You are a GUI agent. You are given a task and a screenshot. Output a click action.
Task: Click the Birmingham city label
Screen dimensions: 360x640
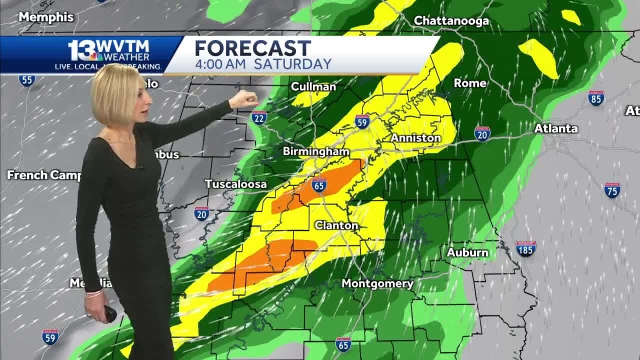click(x=315, y=151)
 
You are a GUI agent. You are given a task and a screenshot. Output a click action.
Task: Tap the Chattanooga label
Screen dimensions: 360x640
click(x=451, y=21)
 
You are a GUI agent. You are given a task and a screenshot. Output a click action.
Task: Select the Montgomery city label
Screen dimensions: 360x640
click(x=377, y=284)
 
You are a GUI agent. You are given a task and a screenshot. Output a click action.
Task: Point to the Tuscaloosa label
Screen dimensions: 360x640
click(x=236, y=184)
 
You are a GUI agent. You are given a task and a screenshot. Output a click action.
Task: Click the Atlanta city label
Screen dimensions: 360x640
click(x=556, y=128)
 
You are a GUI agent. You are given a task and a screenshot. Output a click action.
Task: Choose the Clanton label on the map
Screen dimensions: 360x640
click(x=336, y=225)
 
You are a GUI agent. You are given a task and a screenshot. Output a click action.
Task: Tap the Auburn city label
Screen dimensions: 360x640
click(x=467, y=252)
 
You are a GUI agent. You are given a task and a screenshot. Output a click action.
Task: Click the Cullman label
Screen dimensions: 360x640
click(x=313, y=86)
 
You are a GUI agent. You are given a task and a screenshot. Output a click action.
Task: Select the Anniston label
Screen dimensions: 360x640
click(x=415, y=137)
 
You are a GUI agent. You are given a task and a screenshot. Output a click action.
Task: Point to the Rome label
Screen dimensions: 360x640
click(x=470, y=83)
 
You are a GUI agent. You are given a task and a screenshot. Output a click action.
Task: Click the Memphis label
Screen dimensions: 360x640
click(x=46, y=17)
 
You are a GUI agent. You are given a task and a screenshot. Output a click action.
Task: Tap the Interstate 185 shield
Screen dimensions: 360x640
click(x=525, y=248)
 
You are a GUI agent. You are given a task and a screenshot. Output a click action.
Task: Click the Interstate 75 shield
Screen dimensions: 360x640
click(x=612, y=190)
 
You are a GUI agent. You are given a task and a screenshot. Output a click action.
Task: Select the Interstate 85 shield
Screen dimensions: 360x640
click(x=596, y=97)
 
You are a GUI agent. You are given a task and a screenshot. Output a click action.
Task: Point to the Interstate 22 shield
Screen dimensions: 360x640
click(x=259, y=117)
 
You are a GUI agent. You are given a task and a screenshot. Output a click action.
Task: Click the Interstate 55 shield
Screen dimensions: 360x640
click(x=26, y=80)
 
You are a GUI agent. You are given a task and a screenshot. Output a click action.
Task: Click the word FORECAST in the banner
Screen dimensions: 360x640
click(x=252, y=48)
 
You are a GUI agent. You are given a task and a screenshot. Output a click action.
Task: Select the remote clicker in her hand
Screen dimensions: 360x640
click(x=109, y=313)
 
